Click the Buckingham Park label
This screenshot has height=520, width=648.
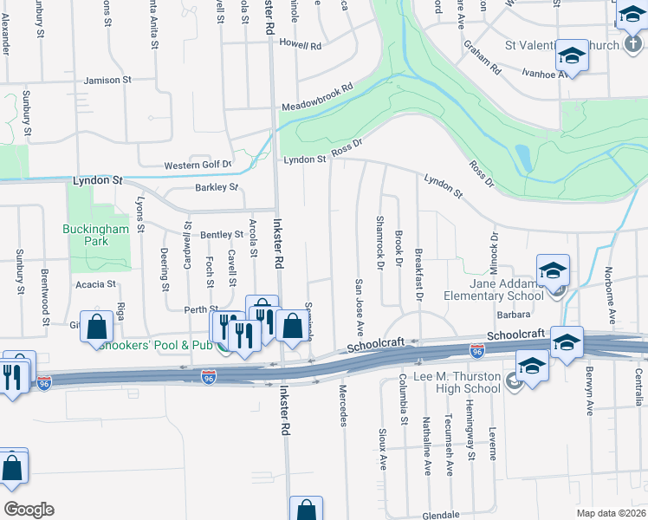pos(95,235)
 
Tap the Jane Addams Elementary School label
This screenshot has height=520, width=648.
pos(507,289)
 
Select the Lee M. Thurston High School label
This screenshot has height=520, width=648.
pos(450,382)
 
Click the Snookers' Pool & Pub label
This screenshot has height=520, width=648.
pos(155,345)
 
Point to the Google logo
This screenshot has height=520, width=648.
pos(28,510)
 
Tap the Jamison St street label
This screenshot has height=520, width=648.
pos(107,81)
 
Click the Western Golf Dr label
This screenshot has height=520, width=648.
pos(198,165)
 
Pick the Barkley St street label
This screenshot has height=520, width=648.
pos(217,187)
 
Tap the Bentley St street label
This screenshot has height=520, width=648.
pos(222,235)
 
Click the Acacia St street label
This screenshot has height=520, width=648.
pos(95,284)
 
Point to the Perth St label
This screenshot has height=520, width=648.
pos(199,309)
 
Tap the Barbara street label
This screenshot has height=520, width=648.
pos(513,316)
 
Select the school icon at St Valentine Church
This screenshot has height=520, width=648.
pos(572,56)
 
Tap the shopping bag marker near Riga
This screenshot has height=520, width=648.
pos(97,328)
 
